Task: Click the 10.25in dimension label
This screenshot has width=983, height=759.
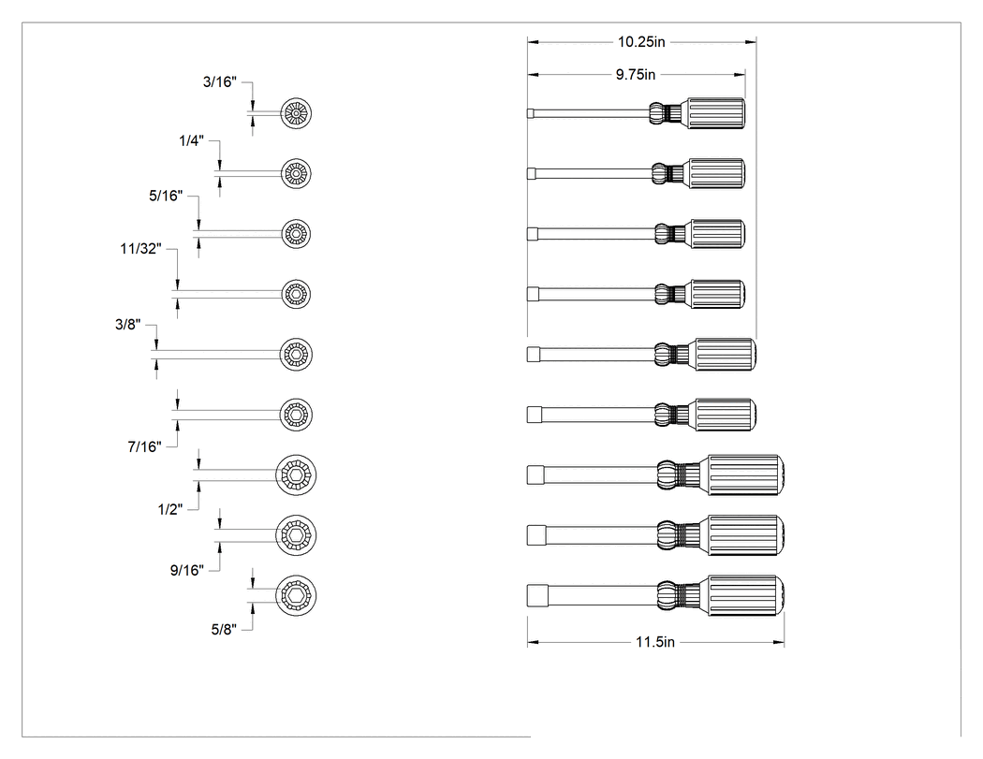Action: pyautogui.click(x=641, y=42)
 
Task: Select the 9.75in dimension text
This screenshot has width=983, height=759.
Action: pyautogui.click(x=635, y=75)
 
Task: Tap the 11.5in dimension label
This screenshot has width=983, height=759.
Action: pyautogui.click(x=655, y=642)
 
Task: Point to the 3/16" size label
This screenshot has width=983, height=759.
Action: pyautogui.click(x=219, y=82)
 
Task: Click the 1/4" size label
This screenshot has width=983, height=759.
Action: pyautogui.click(x=191, y=141)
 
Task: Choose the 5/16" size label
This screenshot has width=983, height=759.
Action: pyautogui.click(x=166, y=197)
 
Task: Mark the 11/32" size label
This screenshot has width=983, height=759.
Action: pyautogui.click(x=140, y=249)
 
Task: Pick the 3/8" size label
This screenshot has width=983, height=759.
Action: pyautogui.click(x=128, y=325)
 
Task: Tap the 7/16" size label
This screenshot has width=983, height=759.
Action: pyautogui.click(x=144, y=446)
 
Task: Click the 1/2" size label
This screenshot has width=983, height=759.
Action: pyautogui.click(x=169, y=509)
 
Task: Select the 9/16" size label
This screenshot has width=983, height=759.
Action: pyautogui.click(x=187, y=570)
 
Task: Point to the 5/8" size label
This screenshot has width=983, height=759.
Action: pyautogui.click(x=224, y=630)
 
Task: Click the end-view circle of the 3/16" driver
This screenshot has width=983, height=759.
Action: pyautogui.click(x=296, y=113)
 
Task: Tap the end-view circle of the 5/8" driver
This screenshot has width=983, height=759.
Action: pyautogui.click(x=296, y=595)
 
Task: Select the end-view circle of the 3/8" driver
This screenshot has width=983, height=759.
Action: pyautogui.click(x=296, y=355)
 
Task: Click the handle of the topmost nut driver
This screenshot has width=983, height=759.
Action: pyautogui.click(x=716, y=113)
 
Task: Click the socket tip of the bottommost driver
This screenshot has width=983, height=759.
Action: pyautogui.click(x=537, y=595)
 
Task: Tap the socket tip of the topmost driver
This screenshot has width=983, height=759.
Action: pyautogui.click(x=531, y=113)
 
